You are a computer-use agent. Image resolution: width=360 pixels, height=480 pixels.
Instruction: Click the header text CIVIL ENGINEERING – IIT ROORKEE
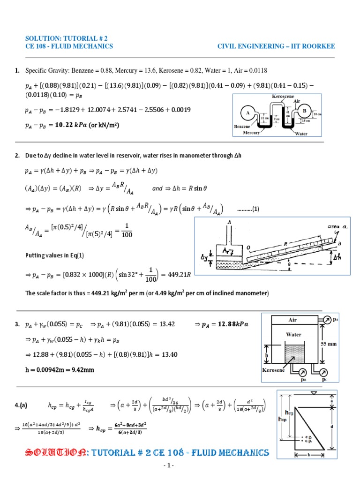(x=276, y=46)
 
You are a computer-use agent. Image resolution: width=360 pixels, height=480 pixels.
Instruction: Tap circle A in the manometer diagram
(x=246, y=113)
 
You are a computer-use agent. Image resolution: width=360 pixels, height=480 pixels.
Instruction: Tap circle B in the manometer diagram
(x=304, y=111)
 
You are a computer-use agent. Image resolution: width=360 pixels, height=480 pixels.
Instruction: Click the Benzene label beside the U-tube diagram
(x=243, y=127)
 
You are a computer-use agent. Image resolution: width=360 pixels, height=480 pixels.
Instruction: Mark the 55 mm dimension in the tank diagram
(x=329, y=344)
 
